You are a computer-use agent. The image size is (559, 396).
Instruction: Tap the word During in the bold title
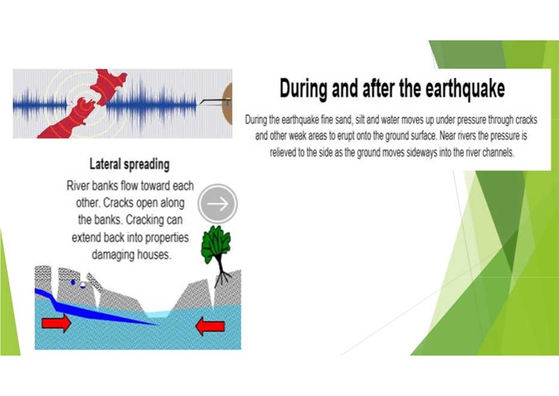(303, 89)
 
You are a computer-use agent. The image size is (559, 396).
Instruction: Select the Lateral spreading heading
(129, 165)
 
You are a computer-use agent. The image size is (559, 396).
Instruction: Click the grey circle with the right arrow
(218, 204)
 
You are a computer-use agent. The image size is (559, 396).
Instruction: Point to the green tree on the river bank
(216, 244)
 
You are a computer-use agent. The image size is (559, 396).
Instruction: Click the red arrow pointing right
(56, 324)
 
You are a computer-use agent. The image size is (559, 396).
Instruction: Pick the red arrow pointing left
(210, 326)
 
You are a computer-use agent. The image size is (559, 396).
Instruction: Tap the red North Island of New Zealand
(107, 86)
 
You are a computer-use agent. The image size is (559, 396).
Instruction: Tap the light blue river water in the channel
(159, 314)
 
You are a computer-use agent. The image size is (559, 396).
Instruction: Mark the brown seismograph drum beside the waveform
(227, 103)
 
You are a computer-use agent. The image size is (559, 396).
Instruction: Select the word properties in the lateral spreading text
(167, 238)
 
